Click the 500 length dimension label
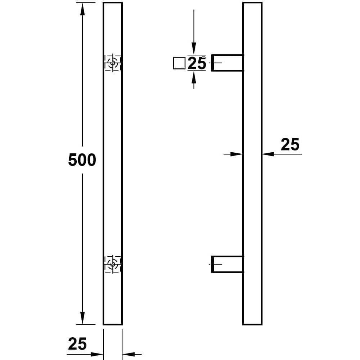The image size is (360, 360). pyautogui.click(x=82, y=160)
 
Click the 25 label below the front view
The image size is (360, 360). pyautogui.click(x=77, y=344)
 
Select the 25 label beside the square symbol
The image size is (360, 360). pyautogui.click(x=197, y=63)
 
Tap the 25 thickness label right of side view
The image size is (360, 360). pyautogui.click(x=290, y=144)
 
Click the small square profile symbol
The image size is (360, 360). pyautogui.click(x=179, y=63)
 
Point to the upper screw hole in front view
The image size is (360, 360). pyautogui.click(x=113, y=63)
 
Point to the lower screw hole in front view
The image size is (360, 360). pyautogui.click(x=113, y=264)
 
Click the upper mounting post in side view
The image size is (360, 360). pyautogui.click(x=227, y=63)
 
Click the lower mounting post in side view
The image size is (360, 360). pyautogui.click(x=227, y=264)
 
